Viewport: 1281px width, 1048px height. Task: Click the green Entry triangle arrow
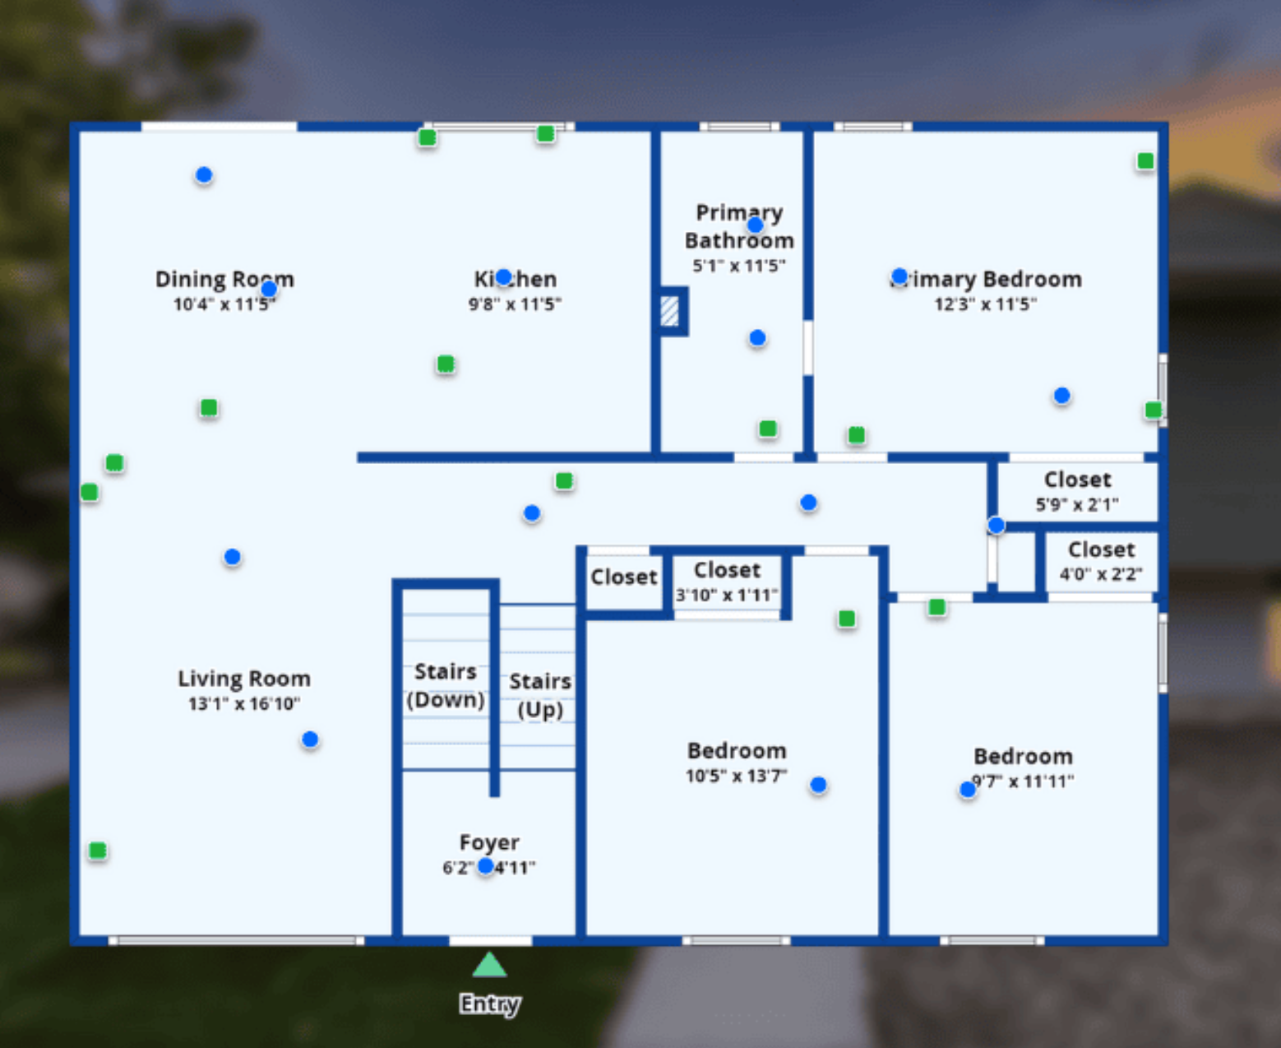tap(489, 966)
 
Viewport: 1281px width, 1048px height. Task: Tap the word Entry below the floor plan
tap(489, 1004)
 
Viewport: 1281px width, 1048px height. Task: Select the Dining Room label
tap(224, 279)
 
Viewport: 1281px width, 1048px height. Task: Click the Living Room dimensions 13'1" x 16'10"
tap(244, 703)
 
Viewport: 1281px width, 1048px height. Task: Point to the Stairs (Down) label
tap(445, 685)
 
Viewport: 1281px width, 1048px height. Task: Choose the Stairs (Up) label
tap(539, 695)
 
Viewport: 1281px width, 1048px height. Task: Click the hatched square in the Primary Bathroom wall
tap(670, 311)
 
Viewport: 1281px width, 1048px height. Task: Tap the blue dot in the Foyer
tap(486, 865)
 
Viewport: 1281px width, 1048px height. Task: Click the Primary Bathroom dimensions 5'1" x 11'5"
tap(738, 266)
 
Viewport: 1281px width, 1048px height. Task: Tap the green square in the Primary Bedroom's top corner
tap(1145, 161)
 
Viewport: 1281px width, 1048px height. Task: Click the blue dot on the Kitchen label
tap(504, 277)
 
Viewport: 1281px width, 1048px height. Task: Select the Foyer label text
tap(489, 842)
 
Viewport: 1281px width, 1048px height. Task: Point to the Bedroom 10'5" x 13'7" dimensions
tap(736, 776)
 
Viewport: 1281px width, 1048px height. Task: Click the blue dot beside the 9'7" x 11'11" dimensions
tap(968, 790)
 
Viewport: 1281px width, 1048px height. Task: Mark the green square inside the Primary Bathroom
tap(768, 429)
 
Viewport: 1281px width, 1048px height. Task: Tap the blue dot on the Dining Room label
tap(269, 289)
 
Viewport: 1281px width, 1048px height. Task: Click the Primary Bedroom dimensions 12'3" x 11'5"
tap(985, 304)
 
